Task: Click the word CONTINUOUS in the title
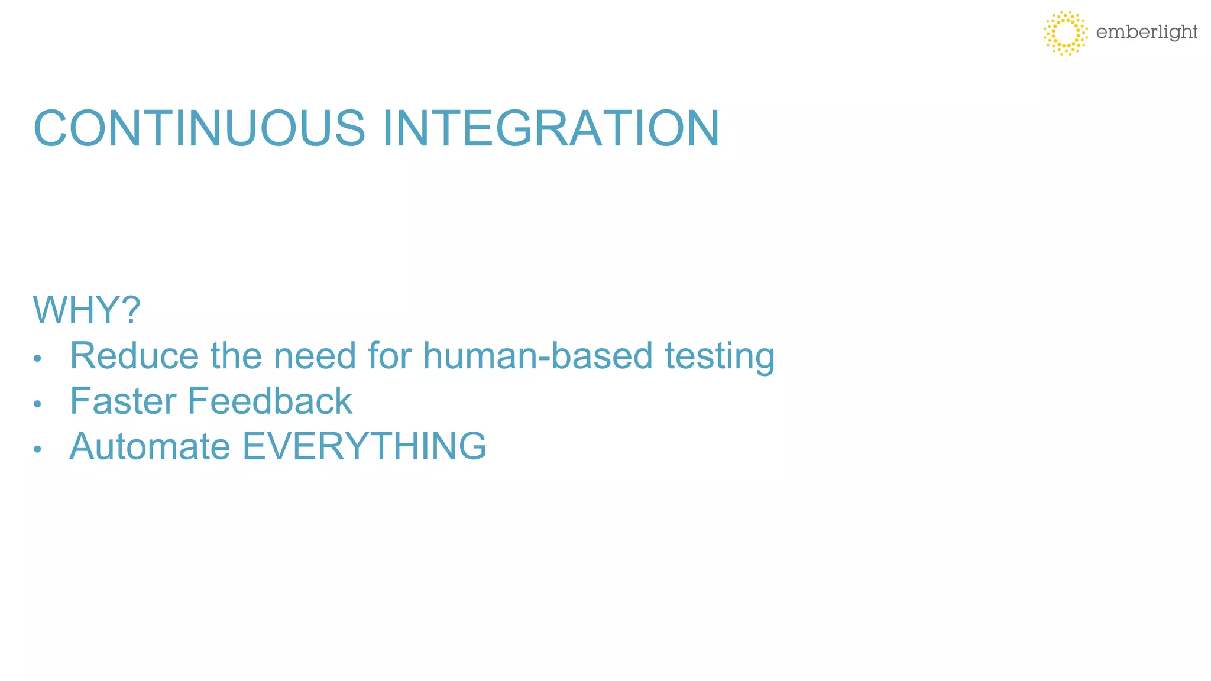click(x=200, y=128)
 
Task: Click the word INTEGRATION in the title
click(x=551, y=128)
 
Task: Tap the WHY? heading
click(x=86, y=310)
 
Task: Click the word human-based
click(x=537, y=356)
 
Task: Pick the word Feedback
click(x=270, y=401)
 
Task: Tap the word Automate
click(x=150, y=446)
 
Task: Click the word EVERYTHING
click(x=364, y=446)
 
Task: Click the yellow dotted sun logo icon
click(x=1065, y=33)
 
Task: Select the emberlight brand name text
click(x=1147, y=32)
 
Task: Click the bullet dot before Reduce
click(x=37, y=358)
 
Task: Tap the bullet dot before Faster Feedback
click(x=37, y=404)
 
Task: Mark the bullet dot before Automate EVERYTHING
click(x=37, y=449)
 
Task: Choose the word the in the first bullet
click(x=235, y=356)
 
